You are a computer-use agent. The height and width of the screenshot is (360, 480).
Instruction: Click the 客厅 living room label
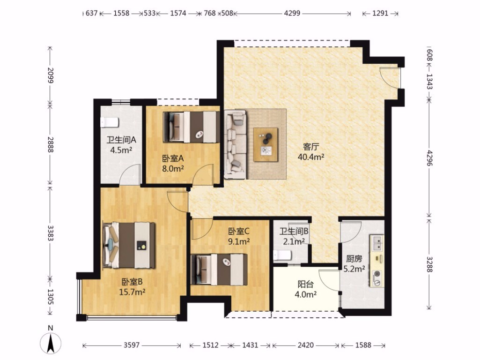(311, 147)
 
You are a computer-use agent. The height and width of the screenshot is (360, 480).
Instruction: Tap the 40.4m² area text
(311, 157)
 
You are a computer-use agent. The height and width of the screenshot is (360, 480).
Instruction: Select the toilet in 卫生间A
(109, 122)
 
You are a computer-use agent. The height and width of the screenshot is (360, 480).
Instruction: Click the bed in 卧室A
(192, 127)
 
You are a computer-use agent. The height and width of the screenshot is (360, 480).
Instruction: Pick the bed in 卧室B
(129, 246)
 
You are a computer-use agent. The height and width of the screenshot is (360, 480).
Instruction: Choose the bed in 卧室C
(219, 270)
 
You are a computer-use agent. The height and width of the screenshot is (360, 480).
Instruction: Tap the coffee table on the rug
(266, 145)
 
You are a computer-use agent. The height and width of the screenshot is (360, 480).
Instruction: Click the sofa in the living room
(235, 144)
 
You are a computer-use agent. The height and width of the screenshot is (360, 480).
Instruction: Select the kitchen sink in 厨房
(377, 243)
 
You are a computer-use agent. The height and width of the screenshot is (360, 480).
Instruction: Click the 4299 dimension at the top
(292, 13)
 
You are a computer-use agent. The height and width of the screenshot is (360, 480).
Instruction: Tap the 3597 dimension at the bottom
(132, 345)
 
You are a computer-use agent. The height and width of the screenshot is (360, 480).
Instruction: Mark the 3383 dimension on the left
(51, 233)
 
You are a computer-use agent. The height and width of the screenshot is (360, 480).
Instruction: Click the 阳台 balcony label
(305, 285)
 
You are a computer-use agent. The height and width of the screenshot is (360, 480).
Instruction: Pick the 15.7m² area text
(132, 292)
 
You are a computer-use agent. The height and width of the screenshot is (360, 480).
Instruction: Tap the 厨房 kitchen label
(354, 259)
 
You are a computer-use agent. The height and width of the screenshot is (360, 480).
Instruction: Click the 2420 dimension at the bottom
(305, 345)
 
